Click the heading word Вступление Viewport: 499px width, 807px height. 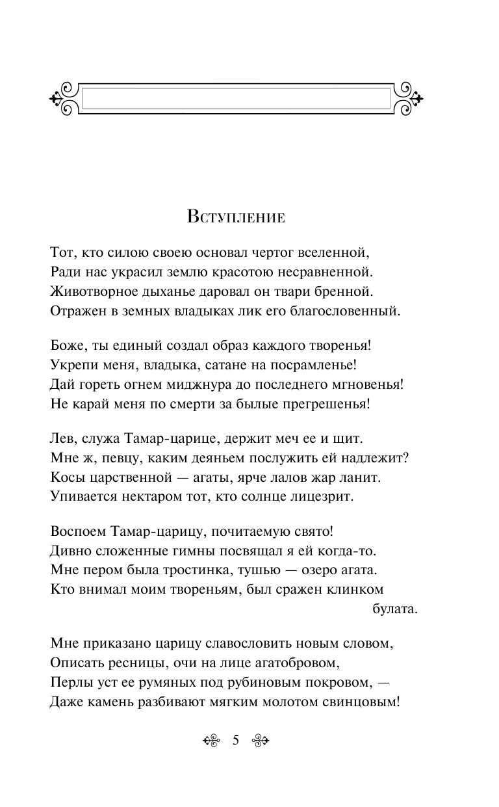[x=236, y=217]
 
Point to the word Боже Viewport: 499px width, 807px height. [x=67, y=345]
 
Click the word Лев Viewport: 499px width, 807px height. [x=62, y=439]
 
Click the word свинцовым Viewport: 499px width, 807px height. [x=363, y=703]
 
